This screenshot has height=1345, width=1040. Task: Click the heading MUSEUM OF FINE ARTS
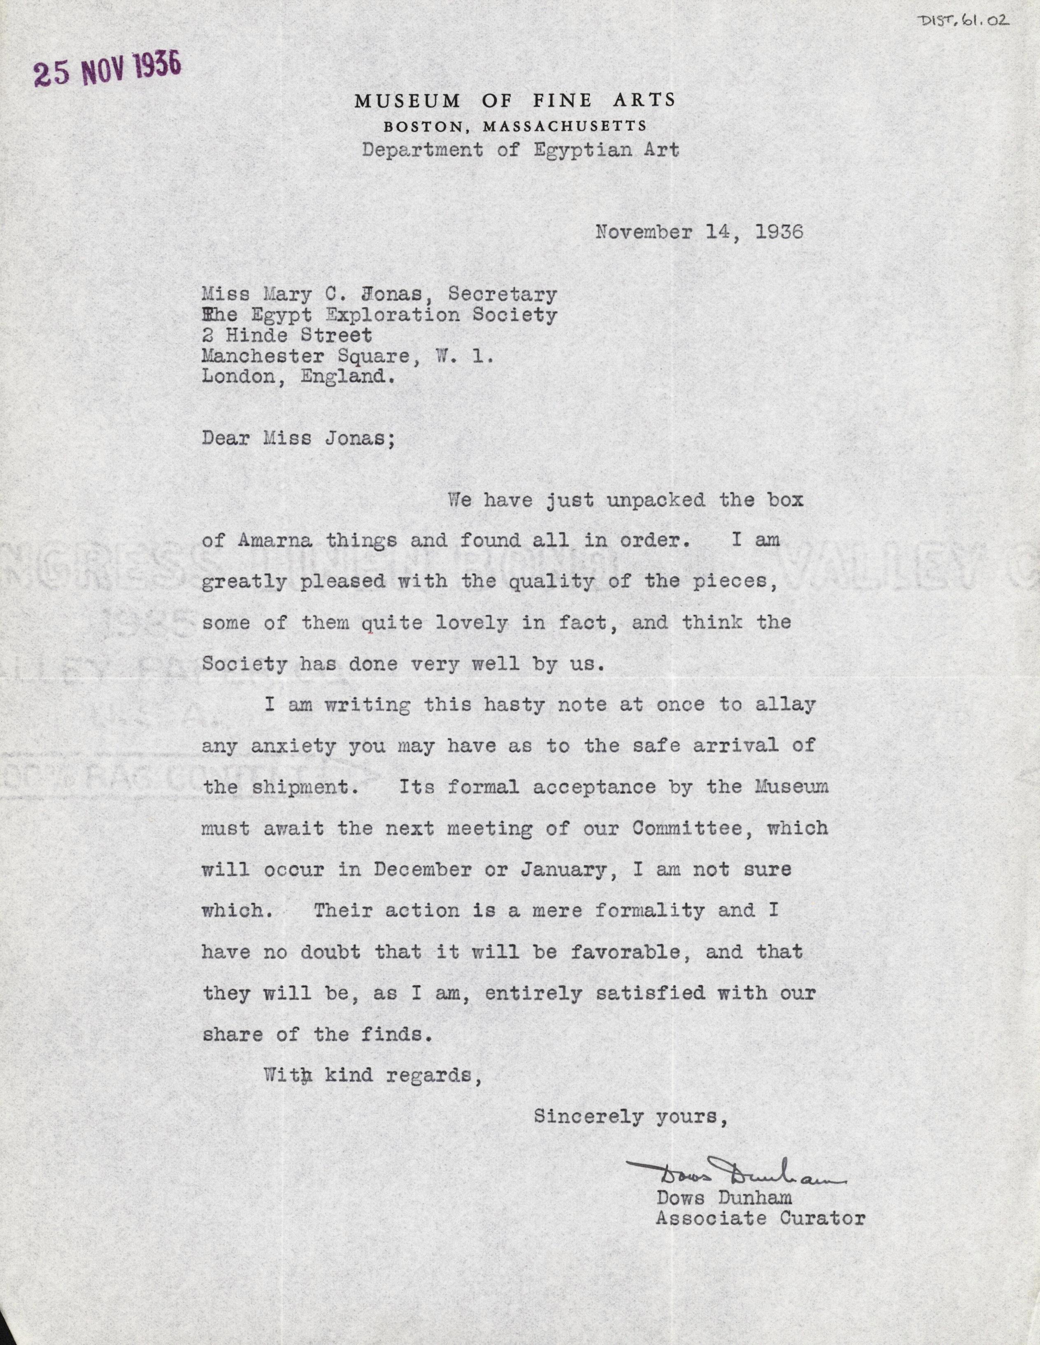pyautogui.click(x=515, y=100)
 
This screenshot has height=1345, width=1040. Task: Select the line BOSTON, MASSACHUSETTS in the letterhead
pyautogui.click(x=515, y=127)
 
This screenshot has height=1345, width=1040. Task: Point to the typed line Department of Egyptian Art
pyautogui.click(x=521, y=150)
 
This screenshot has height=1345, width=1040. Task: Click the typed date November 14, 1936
pyautogui.click(x=699, y=232)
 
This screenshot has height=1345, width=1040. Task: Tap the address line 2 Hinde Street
pyautogui.click(x=287, y=336)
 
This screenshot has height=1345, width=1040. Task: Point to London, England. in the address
pyautogui.click(x=298, y=377)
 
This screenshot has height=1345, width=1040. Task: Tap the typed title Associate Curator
pyautogui.click(x=760, y=1218)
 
